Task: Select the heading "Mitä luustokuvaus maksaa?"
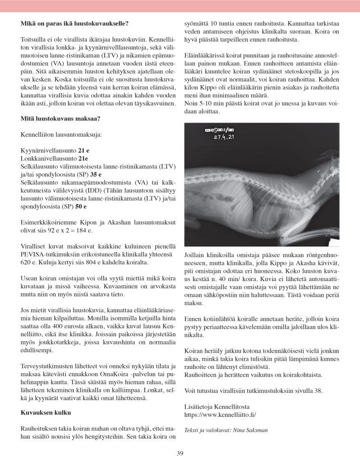(60, 119)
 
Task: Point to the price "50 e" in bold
(81, 206)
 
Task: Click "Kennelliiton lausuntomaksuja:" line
(61, 134)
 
